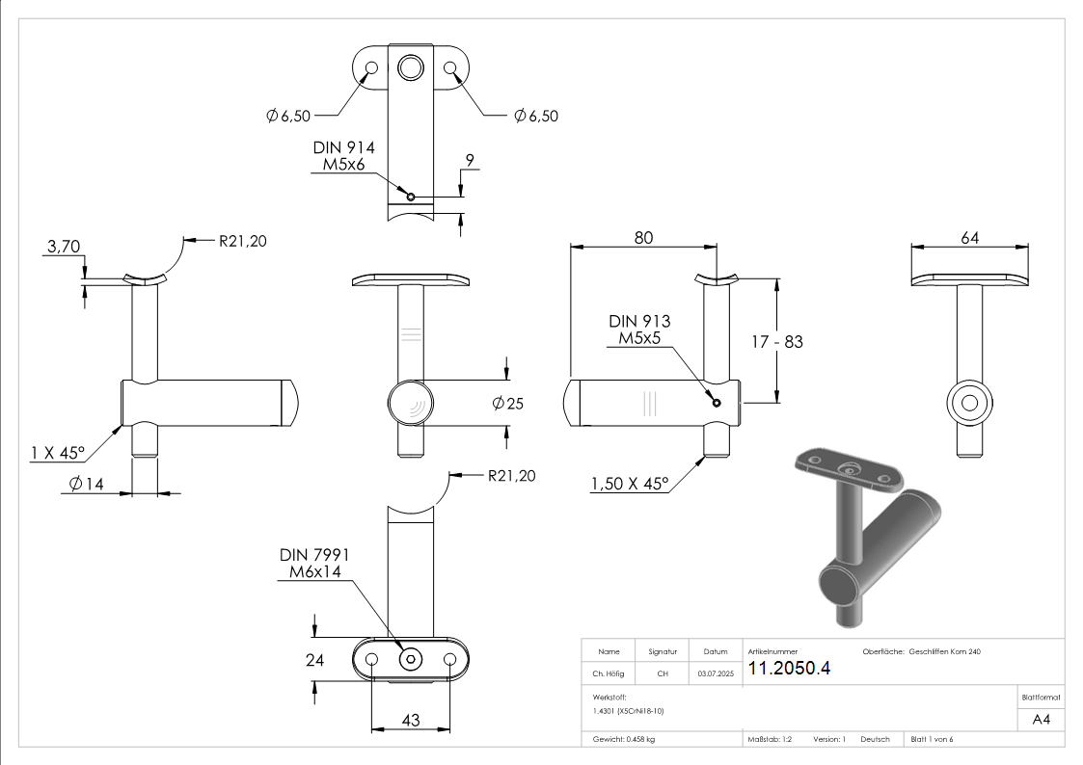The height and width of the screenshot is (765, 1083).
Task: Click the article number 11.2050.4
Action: pos(789,669)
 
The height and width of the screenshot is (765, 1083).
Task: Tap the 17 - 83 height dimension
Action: pos(777,341)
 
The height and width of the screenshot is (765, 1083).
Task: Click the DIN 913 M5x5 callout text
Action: pos(639,330)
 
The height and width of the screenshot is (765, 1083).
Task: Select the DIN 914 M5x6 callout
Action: pos(343,156)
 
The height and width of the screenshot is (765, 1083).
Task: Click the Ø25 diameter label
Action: pos(506,404)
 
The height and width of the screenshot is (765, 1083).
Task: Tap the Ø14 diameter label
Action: pos(86,484)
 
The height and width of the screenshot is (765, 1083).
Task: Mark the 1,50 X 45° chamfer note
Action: pos(630,485)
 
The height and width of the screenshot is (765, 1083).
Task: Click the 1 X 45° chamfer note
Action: pos(58,451)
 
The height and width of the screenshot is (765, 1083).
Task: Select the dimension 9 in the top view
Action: pos(468,161)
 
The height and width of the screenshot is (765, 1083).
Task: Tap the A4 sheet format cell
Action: pos(1041,719)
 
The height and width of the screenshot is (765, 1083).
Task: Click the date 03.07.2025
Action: pos(715,674)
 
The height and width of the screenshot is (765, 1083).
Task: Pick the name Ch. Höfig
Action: pos(609,674)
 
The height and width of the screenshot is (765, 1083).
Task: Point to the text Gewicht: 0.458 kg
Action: pos(623,739)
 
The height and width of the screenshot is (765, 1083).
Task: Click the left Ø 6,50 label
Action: pos(287,116)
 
